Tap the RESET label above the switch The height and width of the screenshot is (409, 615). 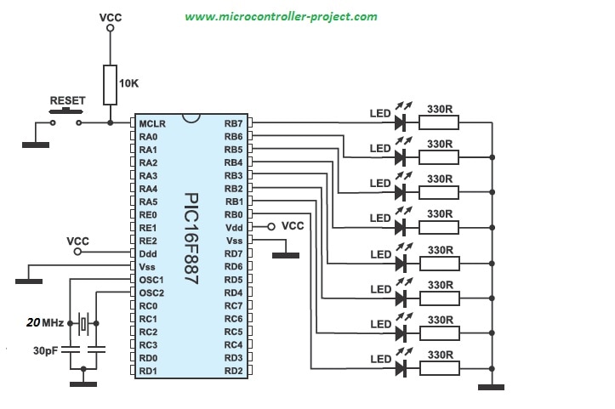(x=68, y=100)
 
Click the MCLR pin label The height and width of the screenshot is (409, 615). (x=152, y=123)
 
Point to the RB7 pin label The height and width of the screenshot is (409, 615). (x=233, y=123)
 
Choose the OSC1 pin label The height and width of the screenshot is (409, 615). (x=151, y=280)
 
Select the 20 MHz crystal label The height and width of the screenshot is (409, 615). (x=46, y=323)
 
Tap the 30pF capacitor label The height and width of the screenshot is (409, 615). (x=45, y=350)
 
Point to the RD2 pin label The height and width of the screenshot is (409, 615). (x=233, y=371)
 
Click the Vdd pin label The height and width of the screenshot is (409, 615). (x=233, y=228)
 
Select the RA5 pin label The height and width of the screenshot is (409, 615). (x=149, y=202)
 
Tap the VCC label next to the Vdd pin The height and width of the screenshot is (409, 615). (x=293, y=226)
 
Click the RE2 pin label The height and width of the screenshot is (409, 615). (x=149, y=241)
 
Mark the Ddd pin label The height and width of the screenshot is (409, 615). (x=149, y=253)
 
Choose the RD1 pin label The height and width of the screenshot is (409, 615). (x=149, y=371)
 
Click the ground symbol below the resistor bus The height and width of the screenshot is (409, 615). (x=492, y=389)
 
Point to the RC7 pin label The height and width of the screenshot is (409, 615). (x=233, y=305)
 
